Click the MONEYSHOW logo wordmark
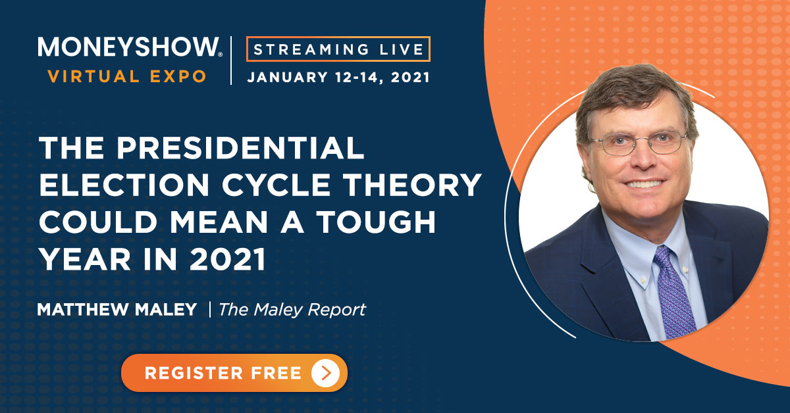[130, 47]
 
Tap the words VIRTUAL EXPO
[127, 76]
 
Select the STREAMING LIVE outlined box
[338, 49]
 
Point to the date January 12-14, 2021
[338, 77]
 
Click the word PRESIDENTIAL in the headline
[240, 148]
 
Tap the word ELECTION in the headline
[124, 185]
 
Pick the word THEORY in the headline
[413, 185]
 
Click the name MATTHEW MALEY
[117, 309]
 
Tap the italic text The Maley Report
[292, 310]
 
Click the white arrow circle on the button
[325, 373]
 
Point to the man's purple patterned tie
[673, 293]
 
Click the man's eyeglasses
[639, 143]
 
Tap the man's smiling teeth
[644, 184]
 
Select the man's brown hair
[635, 95]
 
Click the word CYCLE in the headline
[276, 185]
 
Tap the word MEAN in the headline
[219, 222]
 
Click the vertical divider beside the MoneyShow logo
[231, 61]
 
